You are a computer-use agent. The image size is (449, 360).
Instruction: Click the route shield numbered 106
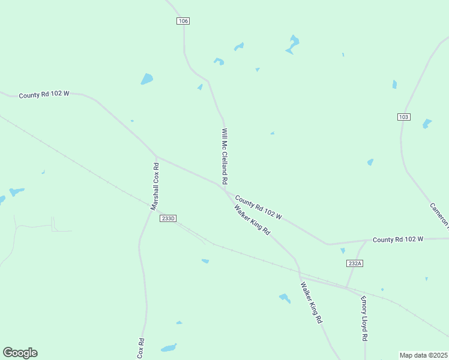click(x=183, y=21)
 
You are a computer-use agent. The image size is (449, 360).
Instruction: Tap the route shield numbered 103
click(x=404, y=116)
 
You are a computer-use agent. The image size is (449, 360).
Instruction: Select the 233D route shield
click(x=168, y=218)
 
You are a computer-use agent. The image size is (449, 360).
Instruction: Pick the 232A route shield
click(x=355, y=263)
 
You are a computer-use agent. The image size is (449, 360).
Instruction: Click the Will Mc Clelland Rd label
click(x=224, y=156)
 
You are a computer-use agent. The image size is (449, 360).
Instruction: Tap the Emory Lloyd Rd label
click(x=364, y=319)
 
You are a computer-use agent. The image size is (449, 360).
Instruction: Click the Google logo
click(x=20, y=353)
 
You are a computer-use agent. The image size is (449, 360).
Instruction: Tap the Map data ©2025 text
click(x=424, y=355)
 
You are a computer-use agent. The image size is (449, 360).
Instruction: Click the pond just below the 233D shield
click(x=205, y=261)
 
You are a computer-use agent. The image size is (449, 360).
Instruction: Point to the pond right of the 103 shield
click(x=427, y=124)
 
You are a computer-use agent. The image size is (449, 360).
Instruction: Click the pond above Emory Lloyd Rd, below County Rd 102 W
click(x=343, y=251)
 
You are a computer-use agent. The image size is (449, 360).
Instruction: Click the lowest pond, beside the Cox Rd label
click(x=169, y=348)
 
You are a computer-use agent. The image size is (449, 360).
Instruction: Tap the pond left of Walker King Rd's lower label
click(x=285, y=298)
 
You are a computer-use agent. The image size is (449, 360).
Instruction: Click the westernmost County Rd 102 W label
click(x=44, y=95)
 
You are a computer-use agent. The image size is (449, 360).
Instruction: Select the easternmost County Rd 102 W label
click(x=398, y=239)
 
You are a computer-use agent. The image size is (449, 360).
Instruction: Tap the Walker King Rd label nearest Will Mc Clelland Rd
click(x=252, y=220)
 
